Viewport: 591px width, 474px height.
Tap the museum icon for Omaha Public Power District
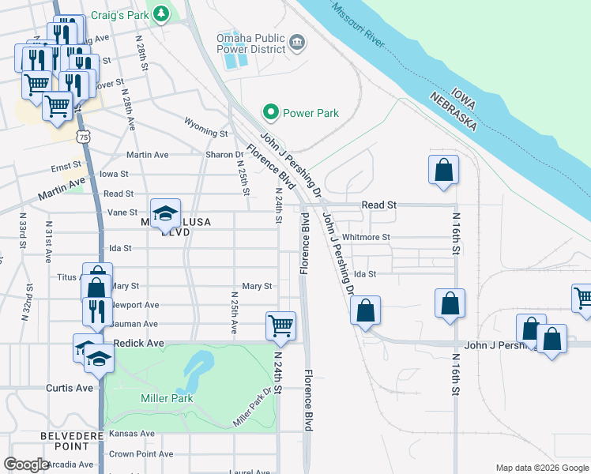(297, 42)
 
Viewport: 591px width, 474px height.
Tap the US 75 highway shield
(84, 137)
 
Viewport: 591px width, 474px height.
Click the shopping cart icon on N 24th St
(281, 325)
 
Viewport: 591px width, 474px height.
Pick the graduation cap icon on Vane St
(165, 213)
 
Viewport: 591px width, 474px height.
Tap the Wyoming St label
(205, 122)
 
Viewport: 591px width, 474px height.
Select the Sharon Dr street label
(224, 155)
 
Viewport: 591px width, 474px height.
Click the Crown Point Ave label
(141, 454)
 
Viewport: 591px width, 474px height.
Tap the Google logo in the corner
(26, 465)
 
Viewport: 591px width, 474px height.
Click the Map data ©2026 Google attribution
(541, 468)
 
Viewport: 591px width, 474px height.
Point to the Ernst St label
(66, 167)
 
